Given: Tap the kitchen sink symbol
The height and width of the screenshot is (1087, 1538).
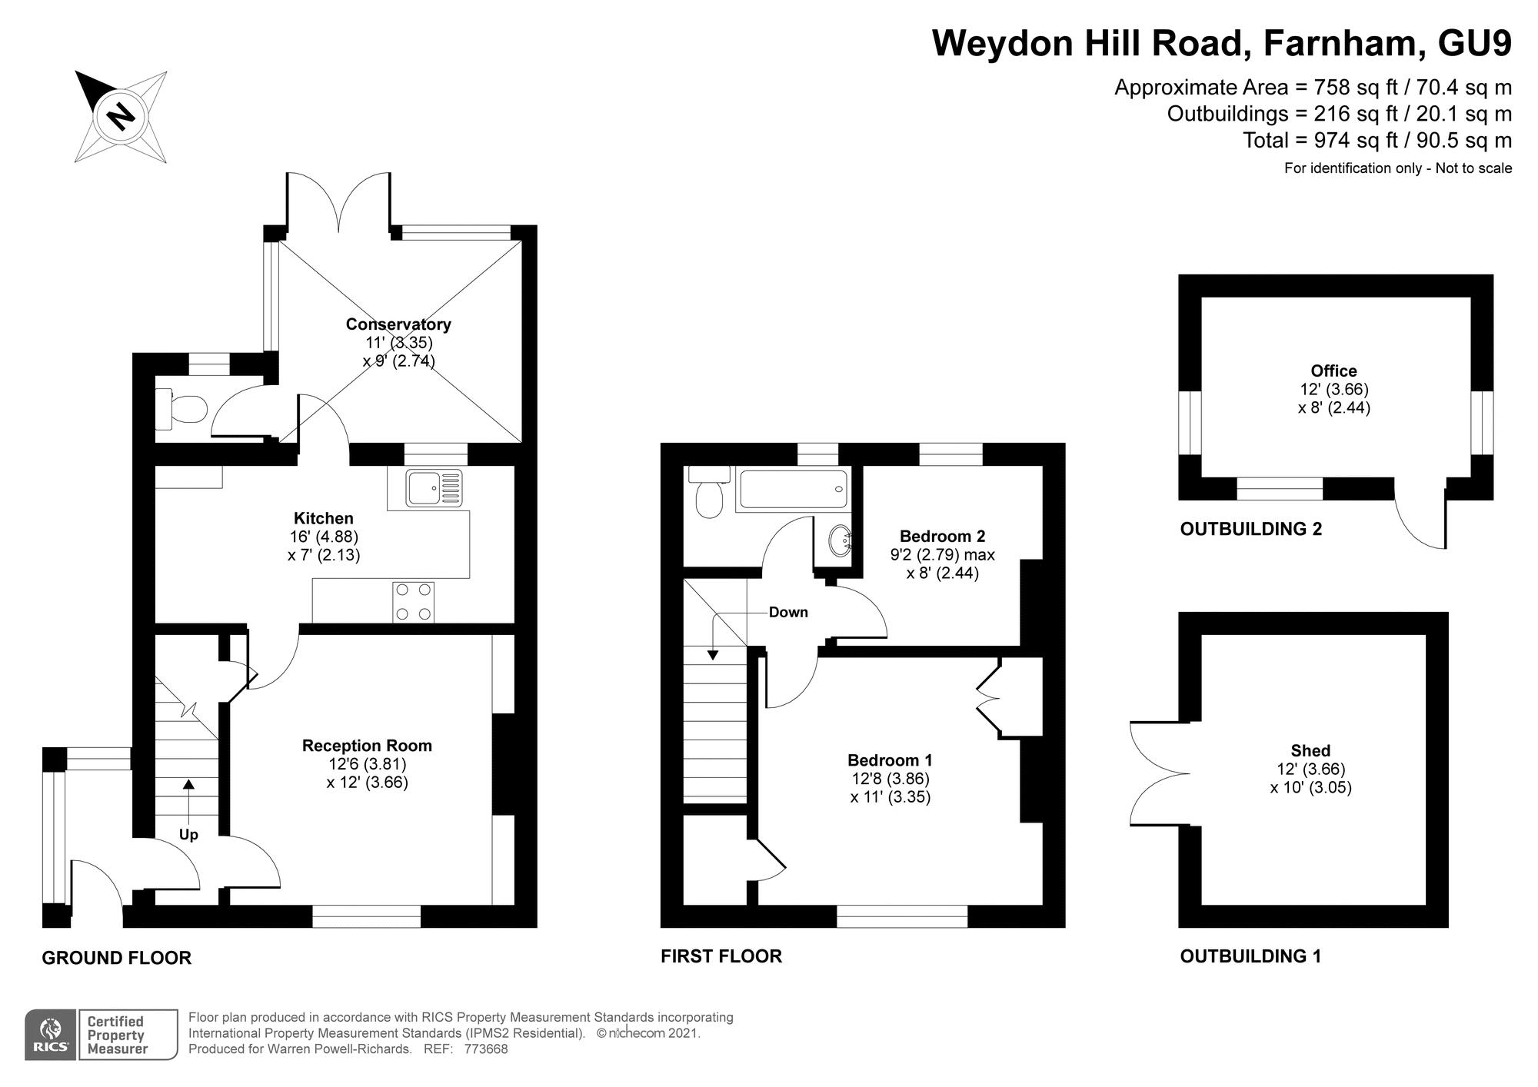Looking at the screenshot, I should pos(434,488).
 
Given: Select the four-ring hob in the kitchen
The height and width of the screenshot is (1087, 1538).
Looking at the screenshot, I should pos(413,602).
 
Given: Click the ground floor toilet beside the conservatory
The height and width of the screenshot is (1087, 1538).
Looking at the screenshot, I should pos(180,408).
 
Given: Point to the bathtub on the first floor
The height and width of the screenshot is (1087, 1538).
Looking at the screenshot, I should pos(792,490).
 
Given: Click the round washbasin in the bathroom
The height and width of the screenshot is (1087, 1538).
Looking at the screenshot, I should pos(841,540).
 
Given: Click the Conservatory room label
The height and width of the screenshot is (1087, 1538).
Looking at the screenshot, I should pos(398,324).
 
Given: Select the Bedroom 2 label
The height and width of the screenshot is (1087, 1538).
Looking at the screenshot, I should pos(942,536).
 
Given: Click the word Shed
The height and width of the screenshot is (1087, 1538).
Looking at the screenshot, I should pos(1310,750).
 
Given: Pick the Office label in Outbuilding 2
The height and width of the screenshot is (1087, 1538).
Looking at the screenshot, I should pos(1333,371).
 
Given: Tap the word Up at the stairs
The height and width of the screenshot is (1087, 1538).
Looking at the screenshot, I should pos(188,835).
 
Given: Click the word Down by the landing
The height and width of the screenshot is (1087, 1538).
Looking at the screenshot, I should pos(788,612).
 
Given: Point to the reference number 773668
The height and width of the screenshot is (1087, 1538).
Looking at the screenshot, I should pos(485,1049).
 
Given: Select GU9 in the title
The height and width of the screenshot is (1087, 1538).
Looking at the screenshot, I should pos(1474,43).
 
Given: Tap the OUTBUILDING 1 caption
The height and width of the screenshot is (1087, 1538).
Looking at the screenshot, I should pos(1250,956).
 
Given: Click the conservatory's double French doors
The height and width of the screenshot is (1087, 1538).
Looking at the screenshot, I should pos(338,201).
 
